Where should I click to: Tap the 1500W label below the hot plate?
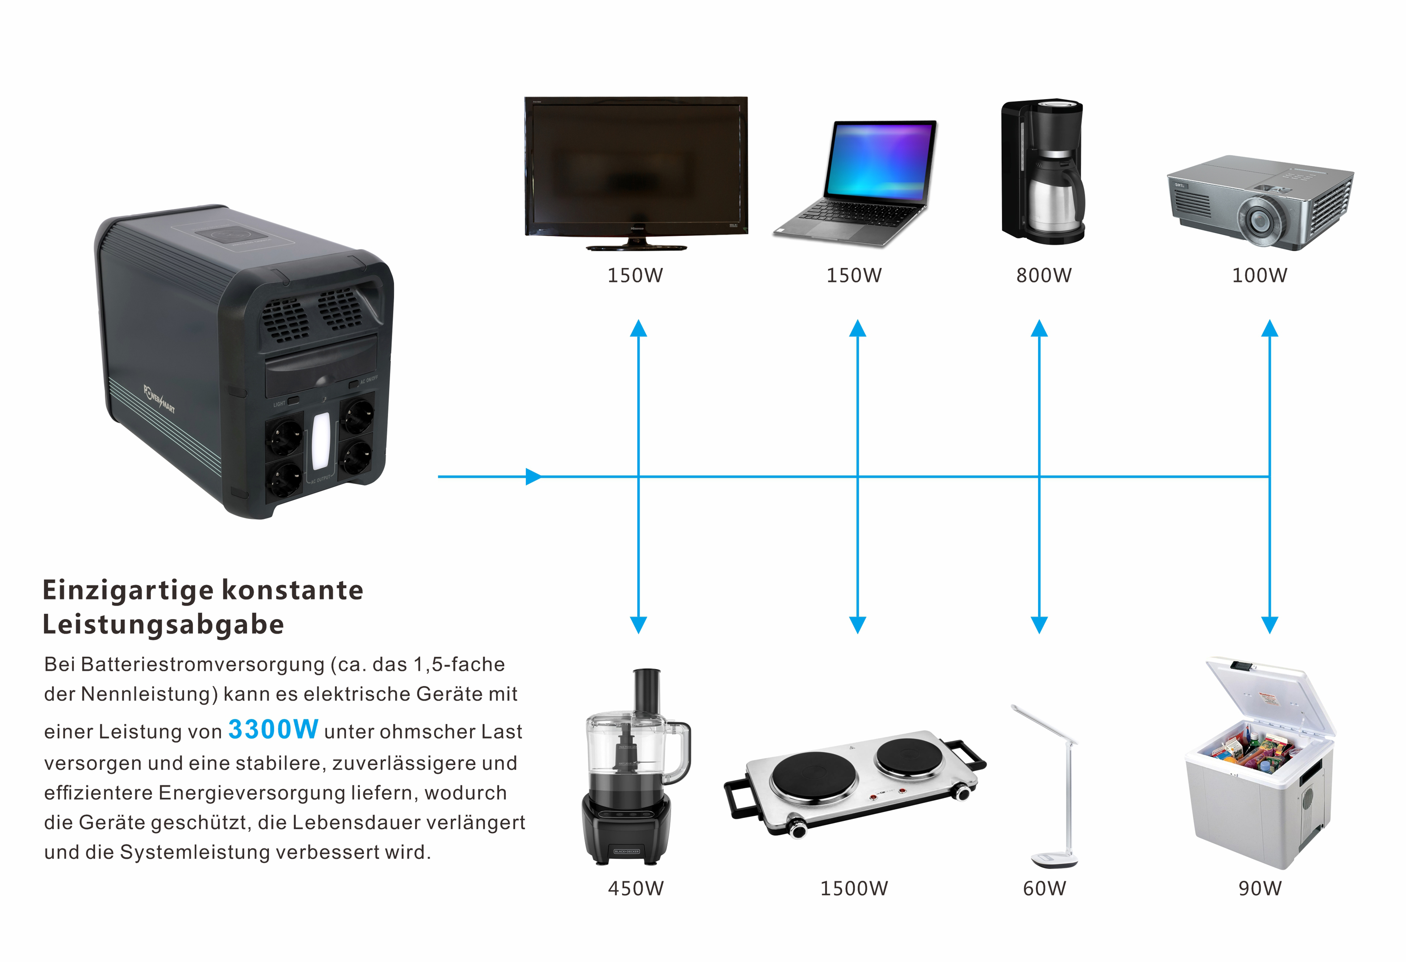(x=854, y=889)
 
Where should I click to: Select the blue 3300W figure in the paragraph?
(x=273, y=730)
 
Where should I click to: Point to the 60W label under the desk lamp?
(x=1044, y=889)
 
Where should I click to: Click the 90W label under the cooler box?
(x=1259, y=889)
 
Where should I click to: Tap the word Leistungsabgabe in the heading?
(x=163, y=625)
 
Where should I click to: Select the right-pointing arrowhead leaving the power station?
(x=532, y=477)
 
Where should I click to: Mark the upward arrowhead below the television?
(x=638, y=329)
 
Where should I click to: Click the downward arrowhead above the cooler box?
(x=1269, y=625)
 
